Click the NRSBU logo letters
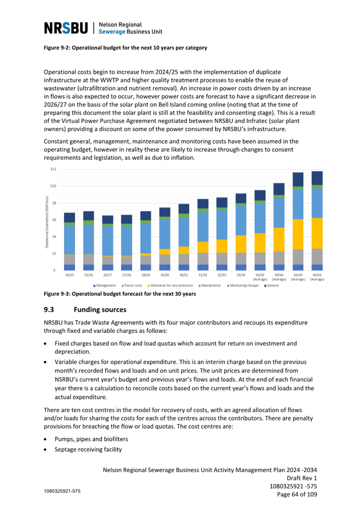(x=66, y=28)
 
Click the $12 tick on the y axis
(x=53, y=169)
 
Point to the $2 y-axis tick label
(x=54, y=253)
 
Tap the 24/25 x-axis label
(x=69, y=275)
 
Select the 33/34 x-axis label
(x=241, y=275)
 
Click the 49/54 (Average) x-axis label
(x=317, y=277)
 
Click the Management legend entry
(x=104, y=286)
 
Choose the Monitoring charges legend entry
(x=243, y=286)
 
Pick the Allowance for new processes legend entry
(x=170, y=286)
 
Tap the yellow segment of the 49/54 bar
(x=317, y=234)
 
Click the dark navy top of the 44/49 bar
(x=298, y=179)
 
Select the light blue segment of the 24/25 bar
(x=69, y=239)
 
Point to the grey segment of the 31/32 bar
(x=202, y=258)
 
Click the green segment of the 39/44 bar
(x=279, y=196)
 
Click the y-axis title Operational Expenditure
(x=47, y=222)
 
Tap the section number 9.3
(x=49, y=310)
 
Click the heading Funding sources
(x=100, y=310)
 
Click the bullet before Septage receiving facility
(x=46, y=450)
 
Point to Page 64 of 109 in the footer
(x=297, y=494)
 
